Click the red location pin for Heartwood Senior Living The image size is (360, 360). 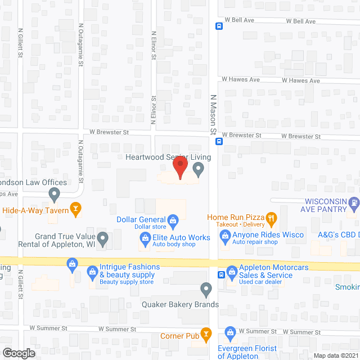[x=179, y=168]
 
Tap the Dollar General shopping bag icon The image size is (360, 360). [x=173, y=219]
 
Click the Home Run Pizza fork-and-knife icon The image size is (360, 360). [x=271, y=217]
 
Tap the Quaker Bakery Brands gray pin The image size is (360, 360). [x=206, y=290]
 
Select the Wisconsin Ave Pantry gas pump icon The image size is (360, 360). [x=353, y=202]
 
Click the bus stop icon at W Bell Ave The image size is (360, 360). [x=219, y=25]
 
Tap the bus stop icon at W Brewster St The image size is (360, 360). [x=219, y=141]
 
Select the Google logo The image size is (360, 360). [x=18, y=353]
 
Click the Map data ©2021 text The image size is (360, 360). [x=335, y=354]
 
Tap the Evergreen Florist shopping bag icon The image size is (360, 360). [x=229, y=332]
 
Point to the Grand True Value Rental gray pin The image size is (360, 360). [x=102, y=239]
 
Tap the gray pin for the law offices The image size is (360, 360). [x=55, y=195]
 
